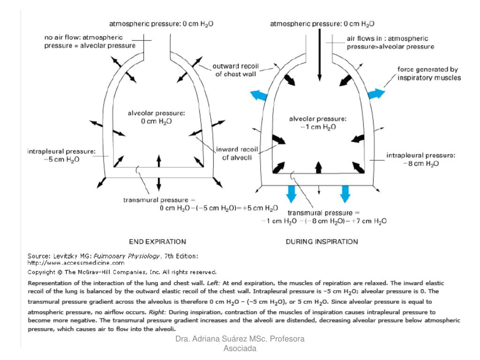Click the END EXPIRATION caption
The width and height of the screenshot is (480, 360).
[157, 242]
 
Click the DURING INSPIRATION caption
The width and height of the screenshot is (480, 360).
[322, 242]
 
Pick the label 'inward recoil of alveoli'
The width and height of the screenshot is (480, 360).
[234, 154]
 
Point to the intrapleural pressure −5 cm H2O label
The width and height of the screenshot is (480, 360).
[61, 156]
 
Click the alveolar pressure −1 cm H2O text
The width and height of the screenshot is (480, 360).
[318, 123]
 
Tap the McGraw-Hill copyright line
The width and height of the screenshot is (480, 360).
[122, 272]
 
